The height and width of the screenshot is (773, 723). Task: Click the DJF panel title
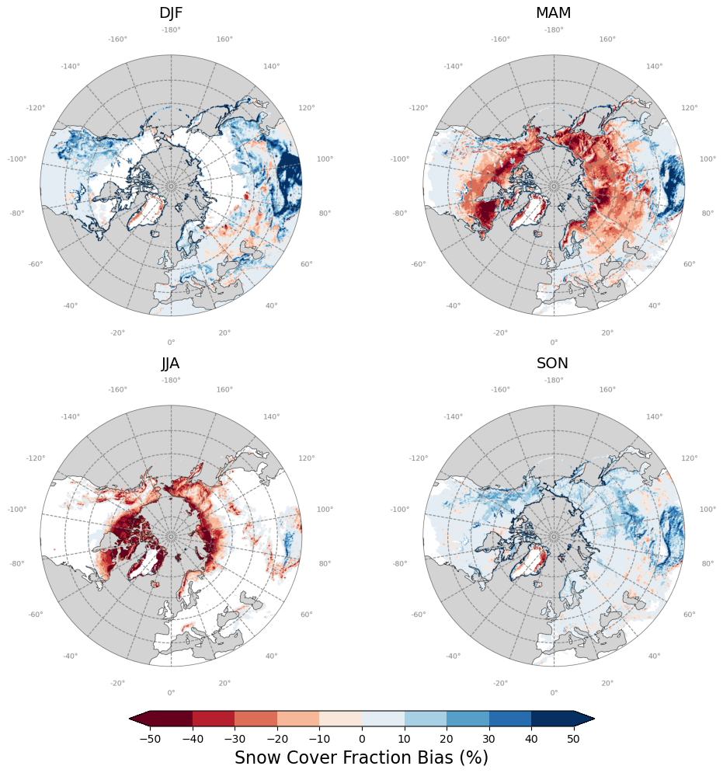tap(171, 13)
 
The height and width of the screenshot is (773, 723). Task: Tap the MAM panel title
tap(553, 13)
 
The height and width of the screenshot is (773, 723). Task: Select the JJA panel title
tap(171, 363)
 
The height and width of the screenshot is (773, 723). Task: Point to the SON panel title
tap(553, 363)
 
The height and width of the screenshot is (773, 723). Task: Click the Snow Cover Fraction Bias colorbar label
tap(361, 757)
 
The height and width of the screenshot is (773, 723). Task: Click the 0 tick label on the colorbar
tap(362, 738)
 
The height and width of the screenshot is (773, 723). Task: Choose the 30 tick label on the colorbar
tap(488, 738)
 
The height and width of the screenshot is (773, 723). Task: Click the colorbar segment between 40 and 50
tap(551, 719)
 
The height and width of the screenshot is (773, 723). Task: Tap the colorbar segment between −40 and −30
tap(214, 719)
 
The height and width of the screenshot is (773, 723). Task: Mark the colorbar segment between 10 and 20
tap(425, 719)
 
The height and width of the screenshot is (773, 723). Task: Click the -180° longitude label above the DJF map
tap(171, 30)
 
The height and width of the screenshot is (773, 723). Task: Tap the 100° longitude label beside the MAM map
tap(707, 159)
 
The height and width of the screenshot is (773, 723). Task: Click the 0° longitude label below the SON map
tap(554, 692)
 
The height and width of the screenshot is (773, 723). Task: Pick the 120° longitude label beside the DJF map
tap(307, 108)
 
